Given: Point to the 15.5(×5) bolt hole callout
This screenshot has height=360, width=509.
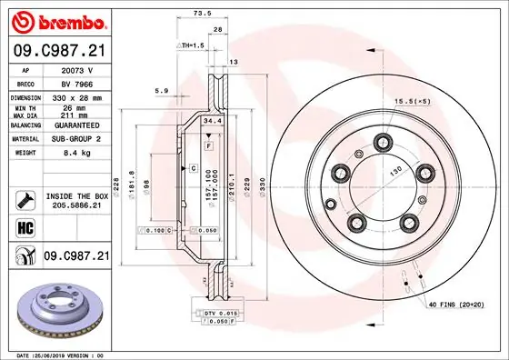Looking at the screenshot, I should (412, 100).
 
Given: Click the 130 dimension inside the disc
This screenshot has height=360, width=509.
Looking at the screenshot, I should (394, 170).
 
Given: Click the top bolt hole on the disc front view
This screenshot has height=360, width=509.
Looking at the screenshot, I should (381, 140).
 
